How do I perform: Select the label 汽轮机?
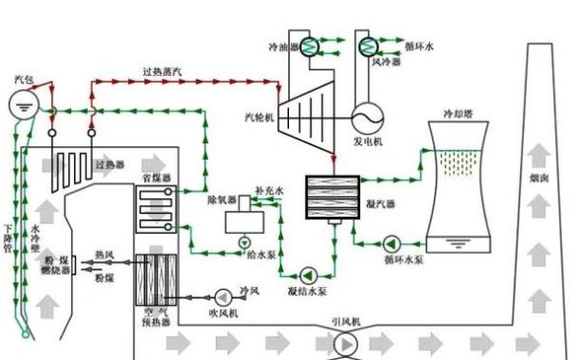259,116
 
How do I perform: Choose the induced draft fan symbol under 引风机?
344,342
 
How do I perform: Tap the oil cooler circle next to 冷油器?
311,44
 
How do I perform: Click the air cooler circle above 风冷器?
367,44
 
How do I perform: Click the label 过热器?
110,164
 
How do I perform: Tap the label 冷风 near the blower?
250,290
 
